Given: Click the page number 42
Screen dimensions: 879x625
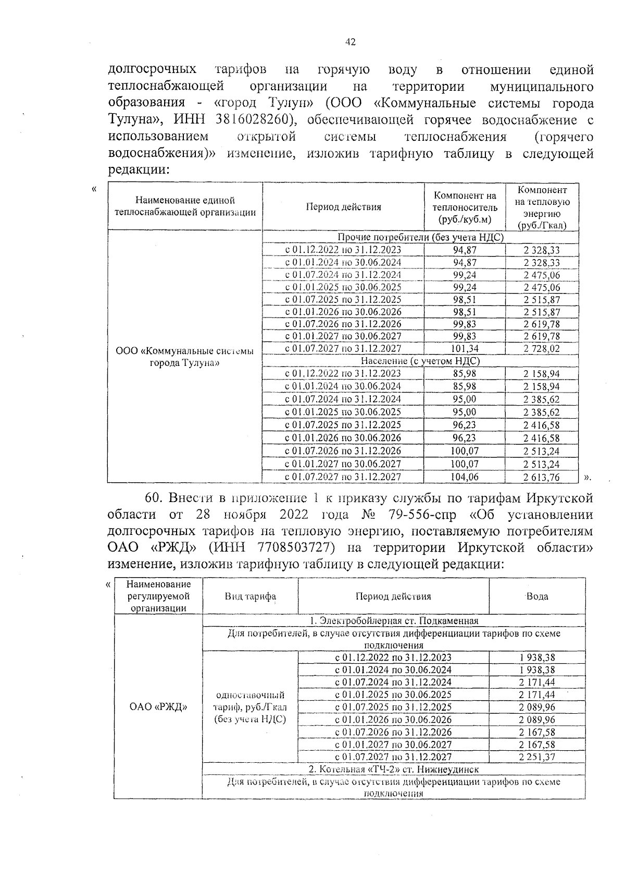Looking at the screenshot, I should pyautogui.click(x=350, y=42).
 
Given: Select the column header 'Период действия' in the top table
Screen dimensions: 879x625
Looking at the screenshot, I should pyautogui.click(x=343, y=207).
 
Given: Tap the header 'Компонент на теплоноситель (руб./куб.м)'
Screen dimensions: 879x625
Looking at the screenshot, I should pyautogui.click(x=465, y=207).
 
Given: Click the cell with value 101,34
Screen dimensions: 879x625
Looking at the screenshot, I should pyautogui.click(x=465, y=349).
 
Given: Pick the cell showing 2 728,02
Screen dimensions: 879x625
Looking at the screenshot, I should pyautogui.click(x=542, y=349).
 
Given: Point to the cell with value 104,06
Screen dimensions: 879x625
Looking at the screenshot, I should pyautogui.click(x=465, y=477).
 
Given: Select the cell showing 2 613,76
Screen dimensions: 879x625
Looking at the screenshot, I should pyautogui.click(x=542, y=477).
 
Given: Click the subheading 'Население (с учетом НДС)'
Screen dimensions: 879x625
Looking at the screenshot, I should pyautogui.click(x=420, y=361).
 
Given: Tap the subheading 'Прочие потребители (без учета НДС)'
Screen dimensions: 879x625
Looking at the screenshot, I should pyautogui.click(x=420, y=237).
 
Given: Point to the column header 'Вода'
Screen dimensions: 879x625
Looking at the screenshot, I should pyautogui.click(x=537, y=596).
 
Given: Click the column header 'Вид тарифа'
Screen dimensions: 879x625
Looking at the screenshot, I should pyautogui.click(x=250, y=596).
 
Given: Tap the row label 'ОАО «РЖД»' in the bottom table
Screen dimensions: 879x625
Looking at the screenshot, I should pyautogui.click(x=158, y=707).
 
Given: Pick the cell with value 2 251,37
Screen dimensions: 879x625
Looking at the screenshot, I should pyautogui.click(x=537, y=757).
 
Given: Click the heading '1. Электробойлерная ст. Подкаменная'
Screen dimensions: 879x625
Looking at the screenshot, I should pyautogui.click(x=394, y=620).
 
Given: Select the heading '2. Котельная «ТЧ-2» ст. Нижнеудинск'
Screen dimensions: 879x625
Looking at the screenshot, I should pyautogui.click(x=394, y=769).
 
